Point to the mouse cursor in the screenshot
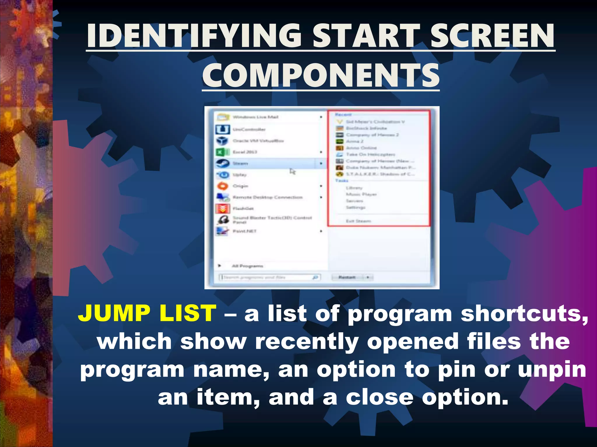pyautogui.click(x=292, y=171)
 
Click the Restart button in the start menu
pyautogui.click(x=347, y=277)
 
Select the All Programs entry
pyautogui.click(x=247, y=266)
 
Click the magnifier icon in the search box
pyautogui.click(x=315, y=277)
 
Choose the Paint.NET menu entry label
pyautogui.click(x=245, y=231)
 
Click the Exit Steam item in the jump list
pyautogui.click(x=358, y=221)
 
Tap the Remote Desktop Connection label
pyautogui.click(x=268, y=197)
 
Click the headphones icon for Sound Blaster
pyautogui.click(x=223, y=220)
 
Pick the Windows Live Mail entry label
pyautogui.click(x=255, y=117)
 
